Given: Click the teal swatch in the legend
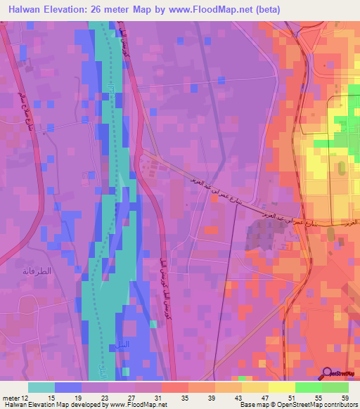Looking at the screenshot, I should pyautogui.click(x=41, y=387).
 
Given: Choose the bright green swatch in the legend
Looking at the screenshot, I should pyautogui.click(x=308, y=387).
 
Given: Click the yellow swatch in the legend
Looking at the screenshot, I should pyautogui.click(x=281, y=387).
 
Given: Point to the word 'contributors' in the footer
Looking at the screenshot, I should pyautogui.click(x=339, y=404).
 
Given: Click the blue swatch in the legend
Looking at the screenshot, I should pyautogui.click(x=67, y=387).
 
